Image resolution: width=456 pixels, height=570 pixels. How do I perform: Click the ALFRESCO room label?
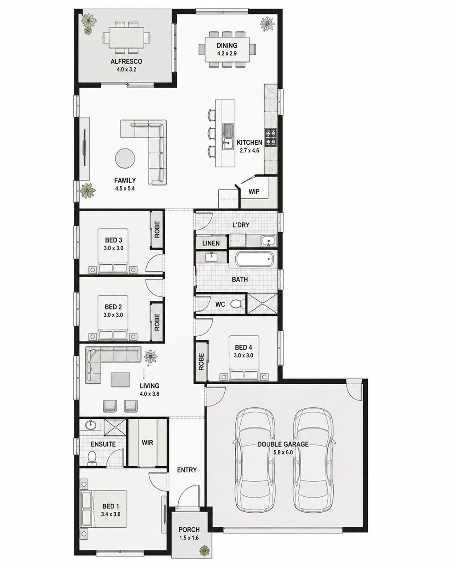click(126, 61)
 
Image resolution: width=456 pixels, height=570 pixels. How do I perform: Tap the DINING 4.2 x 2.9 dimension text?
click(227, 53)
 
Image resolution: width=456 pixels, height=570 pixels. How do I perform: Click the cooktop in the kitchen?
click(271, 138)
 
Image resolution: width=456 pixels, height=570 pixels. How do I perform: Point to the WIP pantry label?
click(254, 191)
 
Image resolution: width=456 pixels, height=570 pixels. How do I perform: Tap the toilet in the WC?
click(237, 304)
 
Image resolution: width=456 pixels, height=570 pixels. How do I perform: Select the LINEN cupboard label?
click(211, 243)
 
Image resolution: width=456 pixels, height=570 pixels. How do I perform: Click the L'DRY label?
click(241, 225)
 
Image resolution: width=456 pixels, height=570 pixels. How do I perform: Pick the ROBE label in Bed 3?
click(157, 229)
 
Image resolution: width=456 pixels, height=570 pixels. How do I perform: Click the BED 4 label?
click(243, 347)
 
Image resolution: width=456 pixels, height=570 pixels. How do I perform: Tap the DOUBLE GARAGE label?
click(283, 444)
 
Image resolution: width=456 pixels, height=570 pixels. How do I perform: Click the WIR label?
click(147, 443)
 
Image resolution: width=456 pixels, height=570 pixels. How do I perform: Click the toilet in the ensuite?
click(92, 457)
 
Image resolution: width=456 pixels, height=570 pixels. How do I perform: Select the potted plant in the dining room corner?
click(267, 24)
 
